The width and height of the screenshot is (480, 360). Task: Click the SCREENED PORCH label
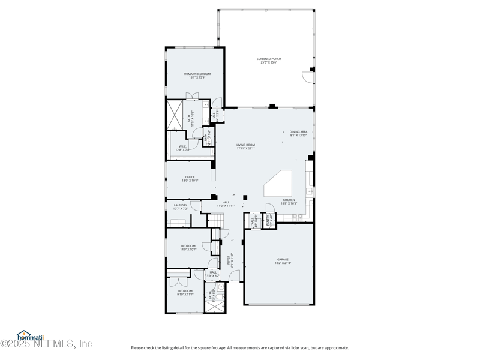coord(269,59)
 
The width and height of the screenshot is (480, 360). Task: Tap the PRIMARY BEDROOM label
coord(197,74)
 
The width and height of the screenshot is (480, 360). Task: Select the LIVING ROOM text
coord(245,145)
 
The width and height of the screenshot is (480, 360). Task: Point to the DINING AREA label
coord(298,131)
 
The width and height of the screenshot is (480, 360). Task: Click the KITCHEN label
coord(289,200)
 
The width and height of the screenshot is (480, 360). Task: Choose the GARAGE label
coord(283,260)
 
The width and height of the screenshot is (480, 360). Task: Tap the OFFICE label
coord(190,177)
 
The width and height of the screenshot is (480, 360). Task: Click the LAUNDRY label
coord(180,205)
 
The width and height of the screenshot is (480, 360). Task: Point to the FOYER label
coord(229,259)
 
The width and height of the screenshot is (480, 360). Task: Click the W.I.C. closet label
coord(183,146)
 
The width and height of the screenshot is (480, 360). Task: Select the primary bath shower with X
coord(175,114)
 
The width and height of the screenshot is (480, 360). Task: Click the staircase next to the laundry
coord(215,221)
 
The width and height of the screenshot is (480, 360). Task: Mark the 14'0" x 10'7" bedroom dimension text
coord(188,249)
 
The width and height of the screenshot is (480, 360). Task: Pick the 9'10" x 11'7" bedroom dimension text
coord(185,295)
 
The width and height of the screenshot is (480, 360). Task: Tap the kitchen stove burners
coord(298,216)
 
